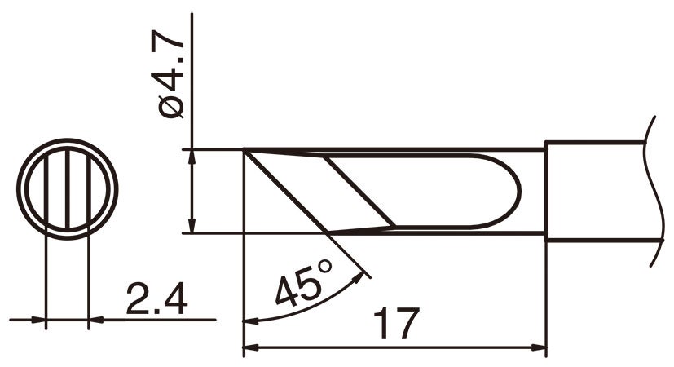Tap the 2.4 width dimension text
point(156,301)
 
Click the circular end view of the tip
point(67,188)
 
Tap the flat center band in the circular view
point(67,188)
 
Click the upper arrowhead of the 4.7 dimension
point(192,156)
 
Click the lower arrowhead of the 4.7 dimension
point(192,227)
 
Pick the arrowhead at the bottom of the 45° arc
point(249,321)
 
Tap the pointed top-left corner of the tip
point(245,151)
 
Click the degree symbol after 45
point(324,267)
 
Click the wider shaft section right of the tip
point(595,192)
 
